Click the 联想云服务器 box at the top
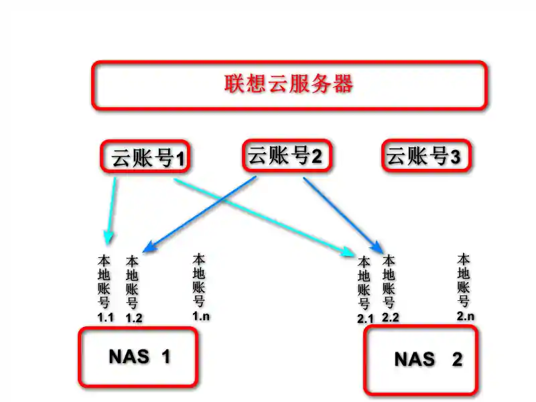pyautogui.click(x=288, y=85)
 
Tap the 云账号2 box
pyautogui.click(x=285, y=156)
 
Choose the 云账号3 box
pyautogui.click(x=427, y=157)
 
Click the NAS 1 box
pyautogui.click(x=139, y=356)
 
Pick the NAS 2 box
pyautogui.click(x=421, y=360)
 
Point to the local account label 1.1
pyautogui.click(x=105, y=287)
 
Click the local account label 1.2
pyautogui.click(x=133, y=289)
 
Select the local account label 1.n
pyautogui.click(x=200, y=287)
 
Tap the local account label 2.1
pyautogui.click(x=364, y=289)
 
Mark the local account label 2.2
pyautogui.click(x=389, y=289)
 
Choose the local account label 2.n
pyautogui.click(x=464, y=286)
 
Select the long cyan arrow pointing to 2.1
pyautogui.click(x=261, y=215)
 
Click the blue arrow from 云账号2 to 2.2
pyautogui.click(x=342, y=211)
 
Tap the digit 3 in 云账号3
pyautogui.click(x=456, y=158)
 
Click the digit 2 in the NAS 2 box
pyautogui.click(x=457, y=360)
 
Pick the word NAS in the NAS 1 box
pyautogui.click(x=129, y=356)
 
